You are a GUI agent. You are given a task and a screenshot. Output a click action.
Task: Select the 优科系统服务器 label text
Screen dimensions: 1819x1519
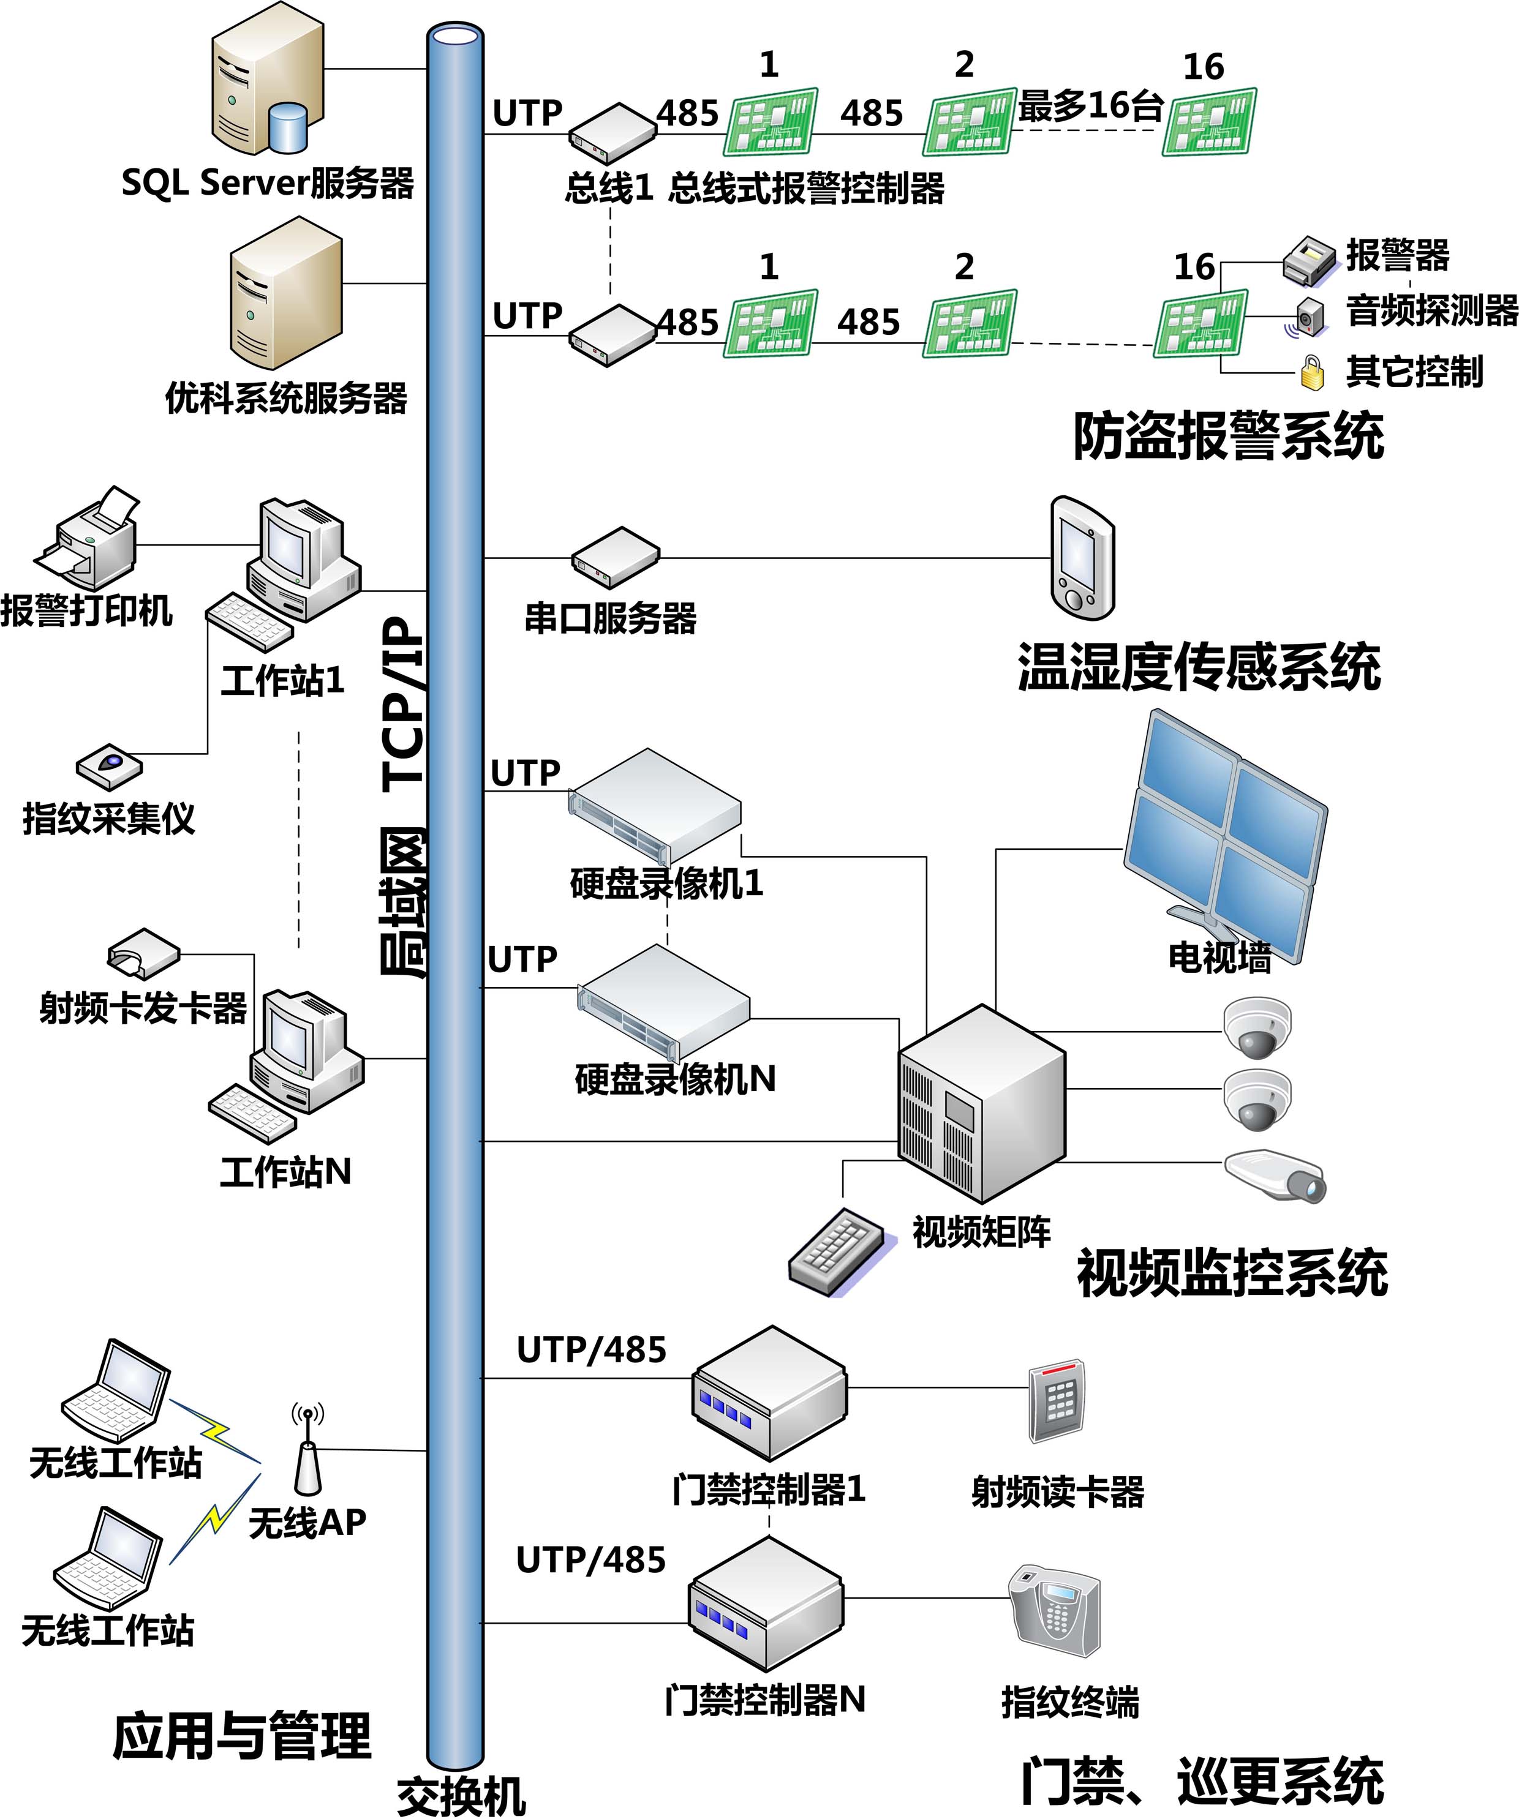pyautogui.click(x=286, y=399)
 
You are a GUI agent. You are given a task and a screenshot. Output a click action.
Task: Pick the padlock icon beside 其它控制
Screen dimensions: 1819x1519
pyautogui.click(x=1313, y=372)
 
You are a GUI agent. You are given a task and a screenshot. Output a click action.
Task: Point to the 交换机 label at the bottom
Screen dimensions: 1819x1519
pyautogui.click(x=461, y=1798)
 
